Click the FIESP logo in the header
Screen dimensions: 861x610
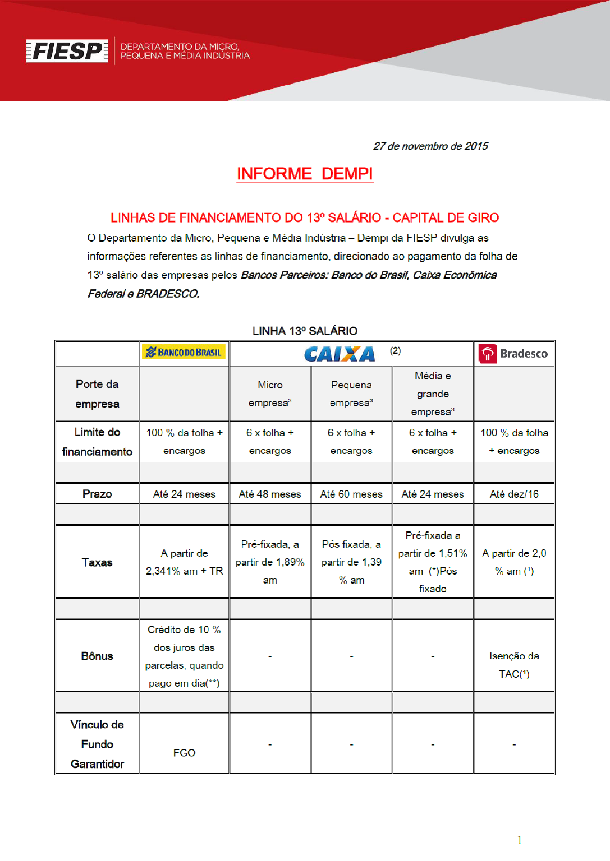coord(67,51)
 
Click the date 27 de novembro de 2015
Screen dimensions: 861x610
coord(430,146)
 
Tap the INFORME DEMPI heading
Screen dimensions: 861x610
coord(305,174)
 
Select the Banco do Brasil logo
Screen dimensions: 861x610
coord(184,352)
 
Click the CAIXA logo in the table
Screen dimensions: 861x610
coord(340,354)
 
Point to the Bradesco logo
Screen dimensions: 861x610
coord(513,354)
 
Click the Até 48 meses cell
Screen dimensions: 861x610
coord(270,494)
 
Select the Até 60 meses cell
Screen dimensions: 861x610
coord(351,494)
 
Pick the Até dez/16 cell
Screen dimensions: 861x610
coord(514,494)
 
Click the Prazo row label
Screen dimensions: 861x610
coord(97,494)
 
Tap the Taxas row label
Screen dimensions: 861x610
coord(97,562)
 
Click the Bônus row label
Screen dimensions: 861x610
coord(97,656)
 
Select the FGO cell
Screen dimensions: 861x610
coord(184,753)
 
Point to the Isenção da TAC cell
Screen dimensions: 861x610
coord(514,665)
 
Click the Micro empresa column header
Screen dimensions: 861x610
coord(270,394)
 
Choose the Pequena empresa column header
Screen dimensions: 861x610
coord(351,394)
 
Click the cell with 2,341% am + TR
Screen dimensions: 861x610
coord(184,562)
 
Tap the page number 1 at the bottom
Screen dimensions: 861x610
coord(520,840)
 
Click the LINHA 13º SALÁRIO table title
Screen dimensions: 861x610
coord(305,331)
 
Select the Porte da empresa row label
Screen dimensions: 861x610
coord(97,394)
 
